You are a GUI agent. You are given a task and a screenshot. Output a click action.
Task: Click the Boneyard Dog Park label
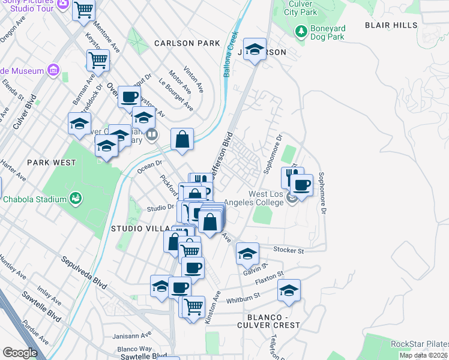click(327, 32)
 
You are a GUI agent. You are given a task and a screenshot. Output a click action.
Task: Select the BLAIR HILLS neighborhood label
click(391, 25)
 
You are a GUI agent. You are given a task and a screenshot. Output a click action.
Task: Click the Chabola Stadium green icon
click(76, 197)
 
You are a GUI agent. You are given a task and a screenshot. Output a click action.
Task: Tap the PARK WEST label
click(51, 163)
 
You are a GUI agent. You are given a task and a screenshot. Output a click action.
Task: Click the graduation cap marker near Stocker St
click(247, 253)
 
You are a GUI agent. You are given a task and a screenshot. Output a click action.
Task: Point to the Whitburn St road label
click(243, 296)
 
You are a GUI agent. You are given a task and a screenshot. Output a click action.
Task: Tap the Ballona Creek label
click(228, 54)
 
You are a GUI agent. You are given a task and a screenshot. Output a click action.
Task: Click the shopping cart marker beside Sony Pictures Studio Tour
click(84, 10)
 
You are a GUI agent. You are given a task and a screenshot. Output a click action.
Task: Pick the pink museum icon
click(54, 71)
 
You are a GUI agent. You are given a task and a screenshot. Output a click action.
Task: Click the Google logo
click(20, 353)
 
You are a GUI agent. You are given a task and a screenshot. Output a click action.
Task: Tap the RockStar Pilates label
click(419, 344)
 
